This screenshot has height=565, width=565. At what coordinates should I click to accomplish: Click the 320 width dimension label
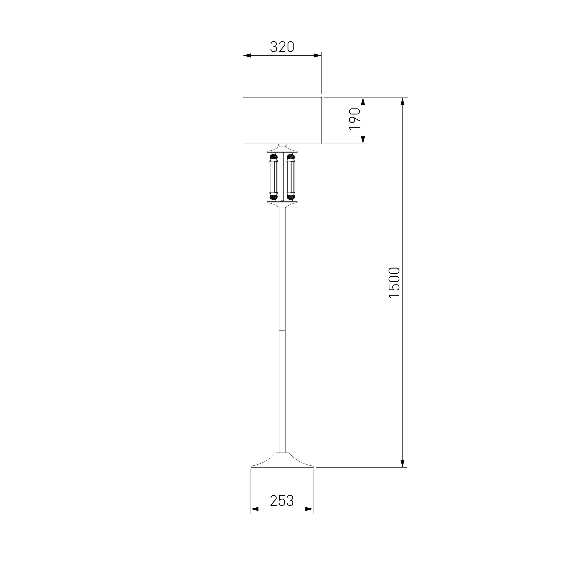[282, 47]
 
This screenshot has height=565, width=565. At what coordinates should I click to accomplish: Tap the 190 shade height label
[355, 119]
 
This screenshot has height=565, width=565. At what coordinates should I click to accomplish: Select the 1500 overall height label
[394, 282]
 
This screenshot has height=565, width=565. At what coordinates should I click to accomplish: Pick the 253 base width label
[282, 500]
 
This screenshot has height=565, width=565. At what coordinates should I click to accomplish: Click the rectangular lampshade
[282, 121]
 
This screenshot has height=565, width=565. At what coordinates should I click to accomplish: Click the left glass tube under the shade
[273, 177]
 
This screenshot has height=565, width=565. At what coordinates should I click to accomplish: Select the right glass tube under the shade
[291, 177]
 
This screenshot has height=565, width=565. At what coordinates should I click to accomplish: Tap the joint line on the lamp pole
[282, 330]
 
